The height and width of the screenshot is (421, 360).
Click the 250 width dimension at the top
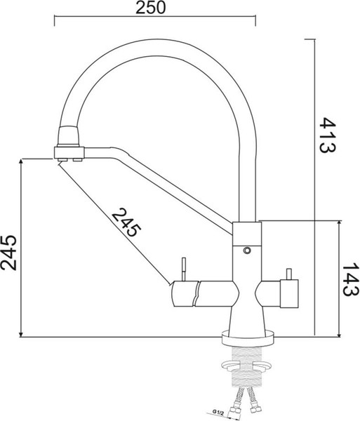pos(150,8)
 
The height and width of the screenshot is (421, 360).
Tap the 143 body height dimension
pos(347,279)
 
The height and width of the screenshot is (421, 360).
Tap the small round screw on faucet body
pos(246,249)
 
